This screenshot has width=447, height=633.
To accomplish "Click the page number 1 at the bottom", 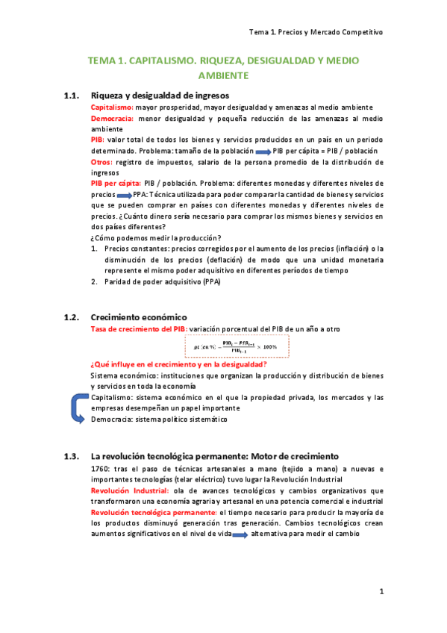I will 381,592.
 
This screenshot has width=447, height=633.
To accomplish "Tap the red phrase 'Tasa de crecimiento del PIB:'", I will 139,328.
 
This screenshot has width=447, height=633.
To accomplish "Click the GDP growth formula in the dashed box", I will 235,347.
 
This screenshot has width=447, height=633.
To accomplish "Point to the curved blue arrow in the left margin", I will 77,409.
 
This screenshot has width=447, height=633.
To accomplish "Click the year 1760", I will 99,469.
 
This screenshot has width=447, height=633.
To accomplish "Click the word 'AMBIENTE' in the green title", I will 222,75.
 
